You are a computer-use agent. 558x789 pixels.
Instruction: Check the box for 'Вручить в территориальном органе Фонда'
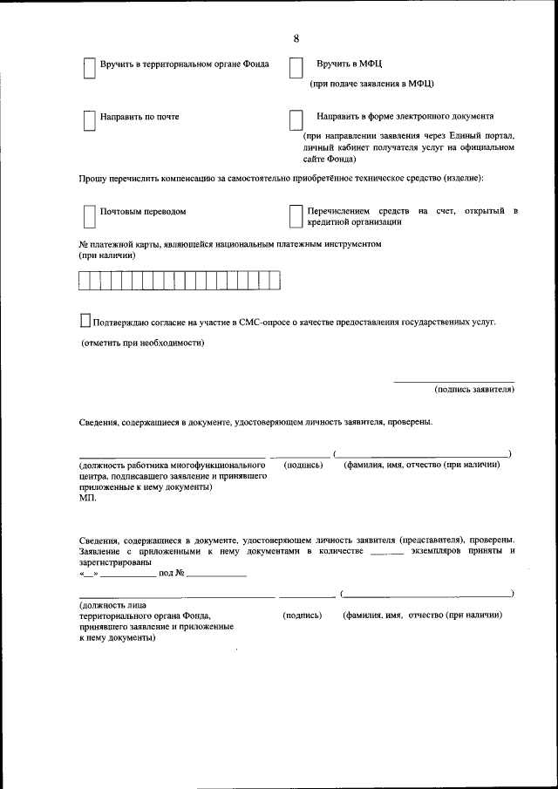click(89, 69)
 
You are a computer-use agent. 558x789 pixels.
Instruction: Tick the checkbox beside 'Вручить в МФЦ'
click(296, 69)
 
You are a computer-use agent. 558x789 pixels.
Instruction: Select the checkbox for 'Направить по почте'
click(89, 120)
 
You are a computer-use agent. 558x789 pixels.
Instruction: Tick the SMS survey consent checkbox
click(85, 322)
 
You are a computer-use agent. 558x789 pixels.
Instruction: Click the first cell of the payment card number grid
click(85, 280)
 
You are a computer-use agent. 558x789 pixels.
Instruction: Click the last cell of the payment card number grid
click(275, 280)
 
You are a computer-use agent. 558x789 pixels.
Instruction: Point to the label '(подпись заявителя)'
click(473, 390)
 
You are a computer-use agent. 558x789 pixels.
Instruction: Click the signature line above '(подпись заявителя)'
click(453, 381)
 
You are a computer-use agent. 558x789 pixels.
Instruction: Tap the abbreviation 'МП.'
click(88, 500)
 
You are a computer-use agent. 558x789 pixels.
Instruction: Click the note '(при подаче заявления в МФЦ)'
click(372, 84)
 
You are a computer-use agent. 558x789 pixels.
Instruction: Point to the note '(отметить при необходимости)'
click(142, 343)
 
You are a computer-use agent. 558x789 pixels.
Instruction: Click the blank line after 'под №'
click(216, 576)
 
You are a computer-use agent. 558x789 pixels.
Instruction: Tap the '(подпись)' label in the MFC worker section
click(303, 465)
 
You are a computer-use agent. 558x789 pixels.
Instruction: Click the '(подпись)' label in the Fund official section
click(303, 615)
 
